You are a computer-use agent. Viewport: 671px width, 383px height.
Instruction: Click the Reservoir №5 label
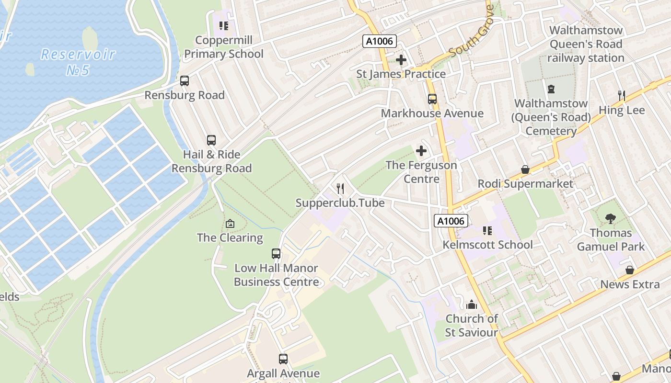pyautogui.click(x=78, y=62)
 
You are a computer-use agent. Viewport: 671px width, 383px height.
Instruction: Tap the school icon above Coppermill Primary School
pyautogui.click(x=224, y=25)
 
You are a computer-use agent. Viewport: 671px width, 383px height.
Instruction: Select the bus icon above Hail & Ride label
pyautogui.click(x=211, y=140)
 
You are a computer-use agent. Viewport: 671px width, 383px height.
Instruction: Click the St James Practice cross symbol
pyautogui.click(x=401, y=60)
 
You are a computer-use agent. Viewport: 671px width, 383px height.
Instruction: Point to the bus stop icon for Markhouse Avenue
pyautogui.click(x=432, y=99)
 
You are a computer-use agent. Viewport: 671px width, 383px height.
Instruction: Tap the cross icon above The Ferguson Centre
pyautogui.click(x=421, y=151)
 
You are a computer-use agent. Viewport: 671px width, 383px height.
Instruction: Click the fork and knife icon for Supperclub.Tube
pyautogui.click(x=340, y=188)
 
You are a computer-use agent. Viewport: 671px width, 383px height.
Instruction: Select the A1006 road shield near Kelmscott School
pyautogui.click(x=451, y=221)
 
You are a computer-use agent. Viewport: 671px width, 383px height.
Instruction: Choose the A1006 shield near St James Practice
pyautogui.click(x=379, y=41)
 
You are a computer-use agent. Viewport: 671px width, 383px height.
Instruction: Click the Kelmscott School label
pyautogui.click(x=487, y=245)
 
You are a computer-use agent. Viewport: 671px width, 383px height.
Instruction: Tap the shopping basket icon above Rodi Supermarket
pyautogui.click(x=525, y=169)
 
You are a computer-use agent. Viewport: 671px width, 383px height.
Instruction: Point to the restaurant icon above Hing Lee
pyautogui.click(x=622, y=96)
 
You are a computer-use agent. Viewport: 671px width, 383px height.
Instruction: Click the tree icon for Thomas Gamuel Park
pyautogui.click(x=611, y=219)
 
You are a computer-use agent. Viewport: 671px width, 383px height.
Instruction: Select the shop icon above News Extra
pyautogui.click(x=630, y=270)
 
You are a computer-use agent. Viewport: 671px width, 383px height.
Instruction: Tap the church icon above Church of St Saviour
pyautogui.click(x=472, y=304)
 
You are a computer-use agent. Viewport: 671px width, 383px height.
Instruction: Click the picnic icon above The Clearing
pyautogui.click(x=230, y=224)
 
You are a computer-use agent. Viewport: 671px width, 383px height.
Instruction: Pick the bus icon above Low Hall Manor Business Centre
pyautogui.click(x=276, y=254)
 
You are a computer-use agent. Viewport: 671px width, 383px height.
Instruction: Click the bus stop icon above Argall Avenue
pyautogui.click(x=283, y=359)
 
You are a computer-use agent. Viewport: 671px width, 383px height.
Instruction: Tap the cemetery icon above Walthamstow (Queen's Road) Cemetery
pyautogui.click(x=551, y=89)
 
